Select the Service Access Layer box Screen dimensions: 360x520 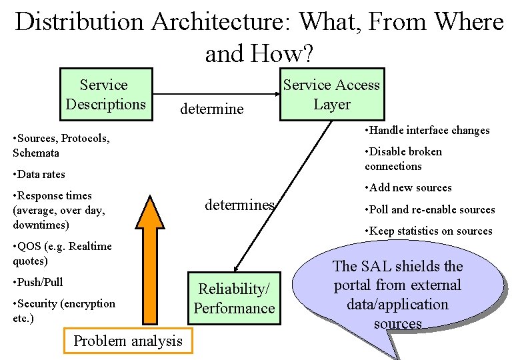pos(331,95)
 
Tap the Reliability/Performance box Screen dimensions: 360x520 pos(234,299)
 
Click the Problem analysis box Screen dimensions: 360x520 pos(127,341)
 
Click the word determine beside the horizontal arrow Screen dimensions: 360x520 pos(212,109)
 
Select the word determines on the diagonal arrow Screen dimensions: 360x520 pos(239,205)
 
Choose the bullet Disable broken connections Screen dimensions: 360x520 pos(403,159)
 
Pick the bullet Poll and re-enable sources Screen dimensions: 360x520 pos(430,209)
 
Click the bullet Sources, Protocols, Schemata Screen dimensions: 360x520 pos(61,145)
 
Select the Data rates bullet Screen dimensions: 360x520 pos(39,174)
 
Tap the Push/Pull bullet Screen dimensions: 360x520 pos(38,282)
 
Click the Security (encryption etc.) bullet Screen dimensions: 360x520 pos(64,311)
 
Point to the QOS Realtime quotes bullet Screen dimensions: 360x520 pos(62,253)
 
